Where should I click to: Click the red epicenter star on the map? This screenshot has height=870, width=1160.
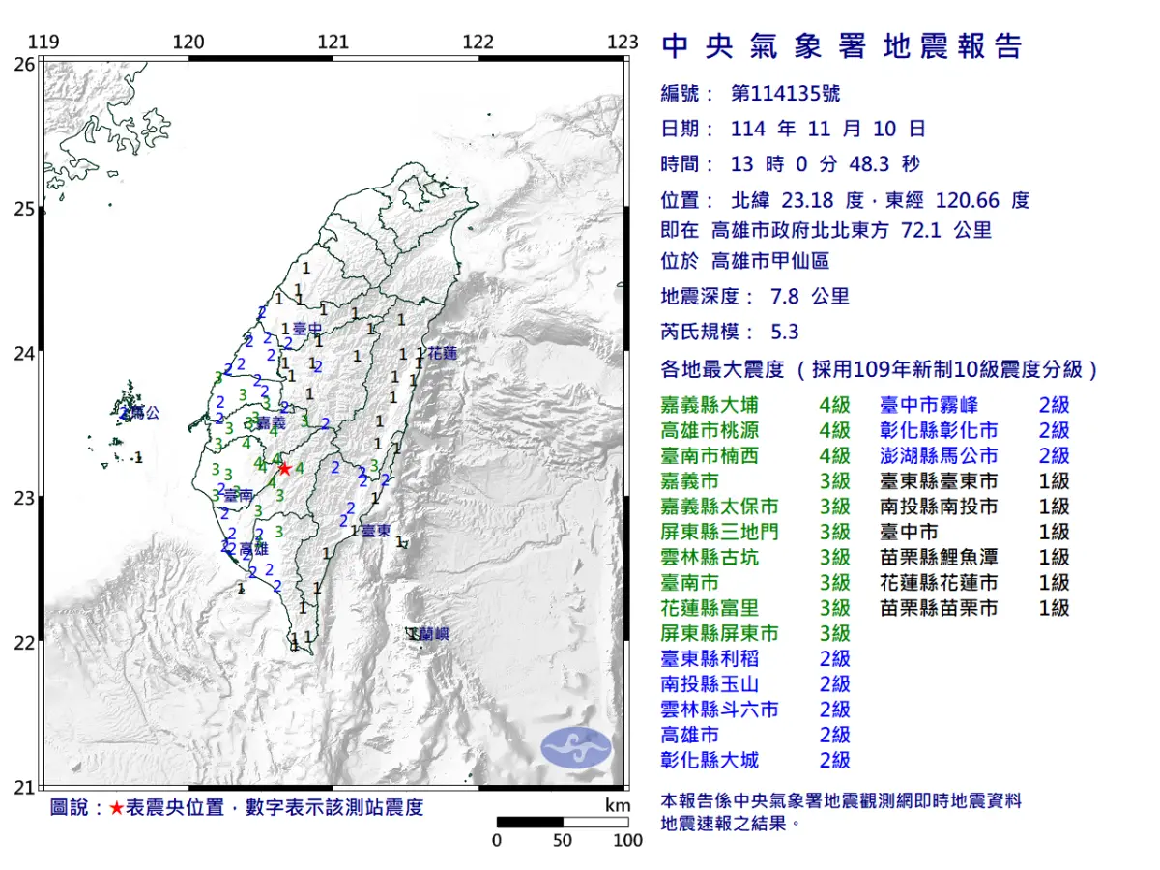click(x=284, y=469)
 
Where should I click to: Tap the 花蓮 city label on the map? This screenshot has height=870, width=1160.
click(x=442, y=354)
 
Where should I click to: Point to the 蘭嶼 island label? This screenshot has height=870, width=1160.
click(x=433, y=635)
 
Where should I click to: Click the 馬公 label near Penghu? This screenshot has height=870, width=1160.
click(x=144, y=413)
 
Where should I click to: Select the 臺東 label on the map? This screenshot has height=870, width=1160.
click(x=375, y=531)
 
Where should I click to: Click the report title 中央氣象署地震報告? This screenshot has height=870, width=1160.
click(x=841, y=46)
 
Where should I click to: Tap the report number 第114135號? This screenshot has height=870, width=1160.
click(x=785, y=93)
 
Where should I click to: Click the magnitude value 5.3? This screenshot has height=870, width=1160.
click(x=785, y=332)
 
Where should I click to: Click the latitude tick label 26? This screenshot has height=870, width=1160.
click(x=24, y=65)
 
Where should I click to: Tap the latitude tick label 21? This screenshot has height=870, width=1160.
click(x=24, y=788)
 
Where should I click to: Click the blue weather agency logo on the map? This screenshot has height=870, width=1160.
click(x=575, y=746)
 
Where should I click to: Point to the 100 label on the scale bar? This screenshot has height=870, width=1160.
click(x=627, y=841)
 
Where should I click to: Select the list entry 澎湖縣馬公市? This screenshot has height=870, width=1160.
click(x=939, y=455)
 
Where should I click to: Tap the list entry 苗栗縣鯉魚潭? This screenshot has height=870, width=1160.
click(x=939, y=557)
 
